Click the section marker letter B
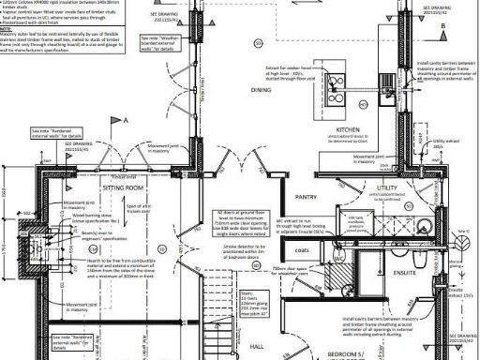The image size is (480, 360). point(442,28)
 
